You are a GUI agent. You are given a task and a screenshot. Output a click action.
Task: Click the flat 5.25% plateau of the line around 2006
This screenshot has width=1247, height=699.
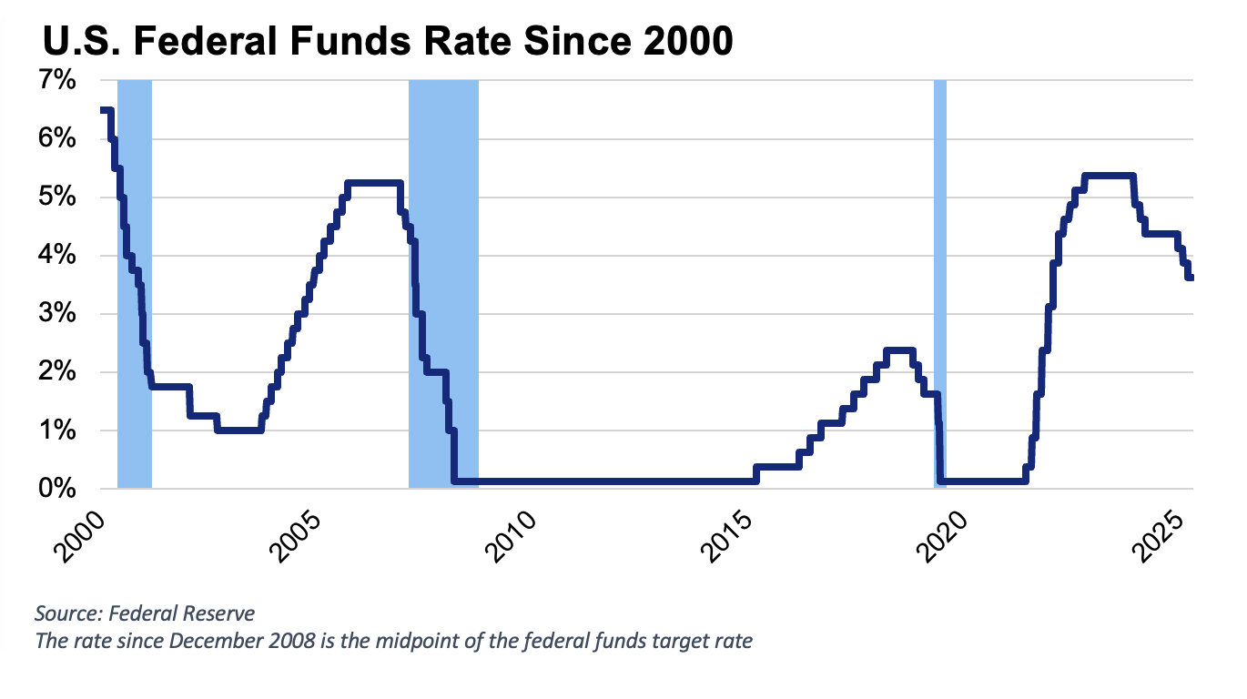[373, 183]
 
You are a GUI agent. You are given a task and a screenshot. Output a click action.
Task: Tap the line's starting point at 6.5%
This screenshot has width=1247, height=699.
[103, 110]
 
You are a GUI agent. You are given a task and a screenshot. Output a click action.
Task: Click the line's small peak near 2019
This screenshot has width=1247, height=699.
[899, 349]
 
